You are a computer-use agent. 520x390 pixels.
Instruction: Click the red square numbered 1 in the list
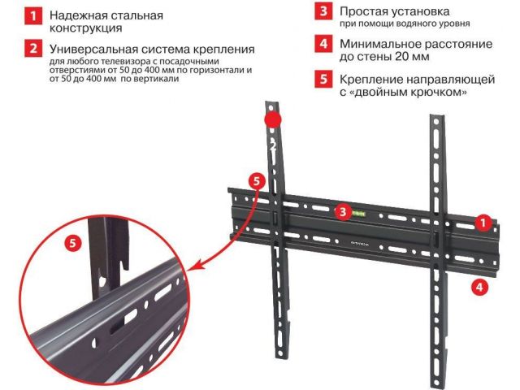[33, 16]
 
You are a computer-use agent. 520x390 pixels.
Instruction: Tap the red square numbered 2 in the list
[33, 49]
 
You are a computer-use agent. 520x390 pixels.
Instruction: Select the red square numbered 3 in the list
[323, 11]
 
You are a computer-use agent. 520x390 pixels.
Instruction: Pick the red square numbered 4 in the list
[323, 44]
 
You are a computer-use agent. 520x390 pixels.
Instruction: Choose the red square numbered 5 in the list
[323, 79]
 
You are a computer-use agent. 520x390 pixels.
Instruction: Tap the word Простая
[363, 11]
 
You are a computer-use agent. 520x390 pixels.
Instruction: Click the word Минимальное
[379, 44]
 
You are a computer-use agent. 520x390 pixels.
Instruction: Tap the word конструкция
[86, 28]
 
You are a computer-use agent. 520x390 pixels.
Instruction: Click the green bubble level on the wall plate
[358, 214]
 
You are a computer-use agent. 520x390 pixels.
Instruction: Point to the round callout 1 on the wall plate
[483, 223]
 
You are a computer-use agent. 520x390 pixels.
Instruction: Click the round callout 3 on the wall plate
[343, 211]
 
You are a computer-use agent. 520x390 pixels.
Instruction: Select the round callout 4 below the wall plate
[480, 286]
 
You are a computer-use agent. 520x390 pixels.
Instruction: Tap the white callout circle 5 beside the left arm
[257, 181]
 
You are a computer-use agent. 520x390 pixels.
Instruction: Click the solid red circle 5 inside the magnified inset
[73, 244]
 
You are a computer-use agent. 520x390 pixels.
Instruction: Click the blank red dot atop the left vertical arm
[273, 119]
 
